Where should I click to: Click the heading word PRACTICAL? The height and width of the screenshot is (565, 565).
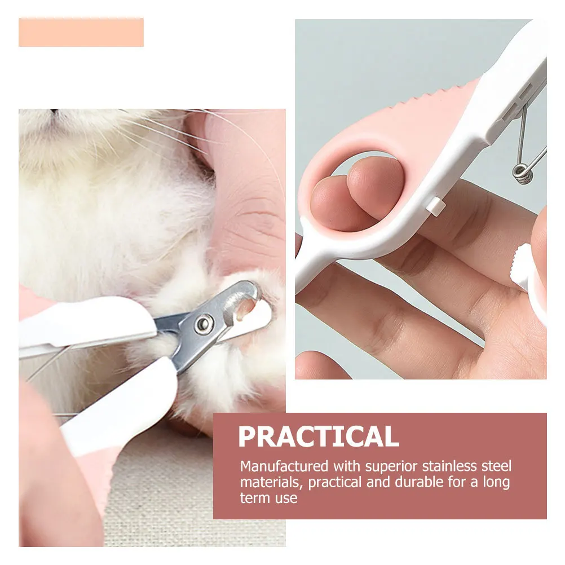(x=318, y=436)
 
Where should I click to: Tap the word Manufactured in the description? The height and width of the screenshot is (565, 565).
(x=284, y=466)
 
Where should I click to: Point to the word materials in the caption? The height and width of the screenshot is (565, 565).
(x=265, y=483)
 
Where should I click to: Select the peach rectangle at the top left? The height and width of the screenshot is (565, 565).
(x=81, y=32)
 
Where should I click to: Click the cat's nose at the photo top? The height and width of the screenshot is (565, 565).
(x=55, y=112)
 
